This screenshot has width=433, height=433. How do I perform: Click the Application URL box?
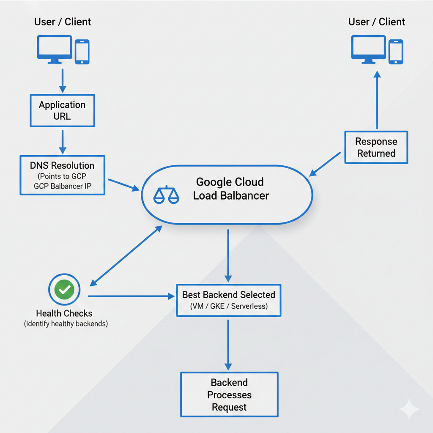[x=62, y=110]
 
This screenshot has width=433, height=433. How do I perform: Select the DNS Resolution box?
[x=62, y=175]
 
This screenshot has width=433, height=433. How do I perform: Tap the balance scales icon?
[x=166, y=195]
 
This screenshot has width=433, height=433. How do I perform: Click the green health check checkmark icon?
[x=64, y=290]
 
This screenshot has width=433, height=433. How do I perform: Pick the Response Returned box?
[x=376, y=147]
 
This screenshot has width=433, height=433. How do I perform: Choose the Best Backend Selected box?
[x=228, y=300]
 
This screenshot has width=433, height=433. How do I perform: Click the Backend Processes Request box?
[x=229, y=395]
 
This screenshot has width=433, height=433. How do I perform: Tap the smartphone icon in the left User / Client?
[x=82, y=52]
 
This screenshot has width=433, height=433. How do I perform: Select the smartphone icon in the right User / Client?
[x=396, y=52]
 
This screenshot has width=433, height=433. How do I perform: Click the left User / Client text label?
[x=63, y=22]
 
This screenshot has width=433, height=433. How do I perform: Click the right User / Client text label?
[x=376, y=22]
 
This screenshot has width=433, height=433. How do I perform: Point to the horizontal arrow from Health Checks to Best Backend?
[x=131, y=296]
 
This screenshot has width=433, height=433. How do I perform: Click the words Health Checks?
[x=64, y=313]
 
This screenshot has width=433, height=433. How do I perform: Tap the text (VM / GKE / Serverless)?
[x=228, y=306]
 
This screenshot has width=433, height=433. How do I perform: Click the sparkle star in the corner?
[x=409, y=409]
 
